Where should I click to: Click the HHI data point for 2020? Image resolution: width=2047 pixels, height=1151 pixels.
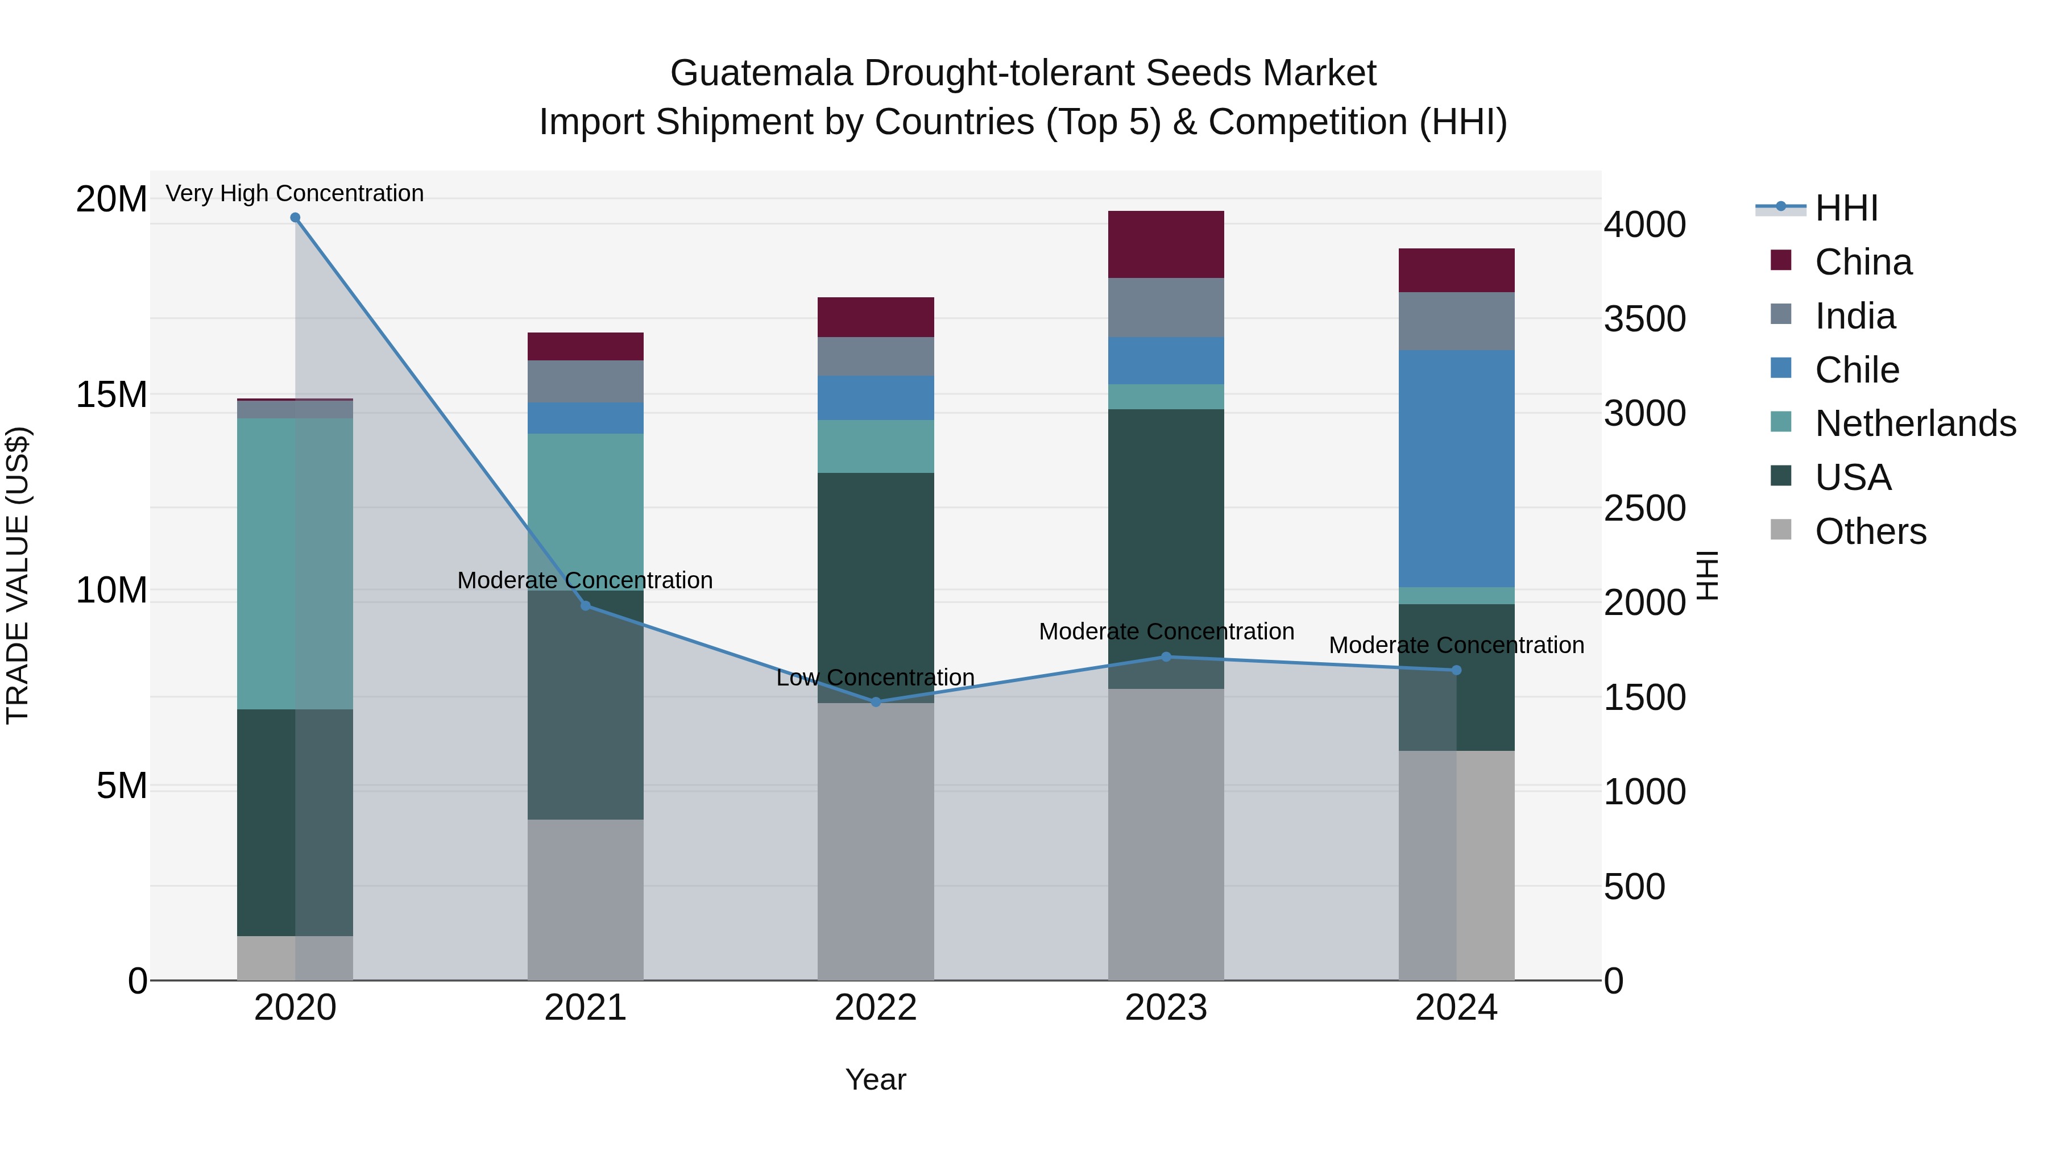pyautogui.click(x=295, y=218)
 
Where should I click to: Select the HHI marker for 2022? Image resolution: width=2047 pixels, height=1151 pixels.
pyautogui.click(x=876, y=702)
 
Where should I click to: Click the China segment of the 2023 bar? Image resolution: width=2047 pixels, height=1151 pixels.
pyautogui.click(x=1166, y=244)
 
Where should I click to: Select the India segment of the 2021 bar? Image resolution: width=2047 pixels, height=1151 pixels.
pyautogui.click(x=585, y=381)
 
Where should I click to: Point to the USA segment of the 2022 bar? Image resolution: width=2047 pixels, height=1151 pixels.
pyautogui.click(x=876, y=587)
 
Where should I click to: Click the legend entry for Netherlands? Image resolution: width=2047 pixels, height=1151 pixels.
pyautogui.click(x=1915, y=423)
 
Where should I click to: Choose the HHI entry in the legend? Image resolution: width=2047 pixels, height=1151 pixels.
pyautogui.click(x=1846, y=208)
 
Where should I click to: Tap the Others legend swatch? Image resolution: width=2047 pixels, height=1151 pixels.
pyautogui.click(x=1781, y=530)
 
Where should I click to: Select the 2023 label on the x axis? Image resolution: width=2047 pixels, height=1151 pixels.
pyautogui.click(x=1166, y=1008)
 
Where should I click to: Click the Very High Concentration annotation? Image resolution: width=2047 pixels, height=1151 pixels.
pyautogui.click(x=295, y=193)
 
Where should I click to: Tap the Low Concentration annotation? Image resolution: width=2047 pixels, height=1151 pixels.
pyautogui.click(x=876, y=678)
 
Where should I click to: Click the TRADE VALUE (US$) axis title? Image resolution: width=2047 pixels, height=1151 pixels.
pyautogui.click(x=18, y=575)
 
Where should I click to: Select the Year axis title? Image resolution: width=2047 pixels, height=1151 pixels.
pyautogui.click(x=876, y=1079)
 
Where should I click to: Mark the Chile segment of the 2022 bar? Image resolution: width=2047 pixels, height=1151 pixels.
pyautogui.click(x=876, y=397)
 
